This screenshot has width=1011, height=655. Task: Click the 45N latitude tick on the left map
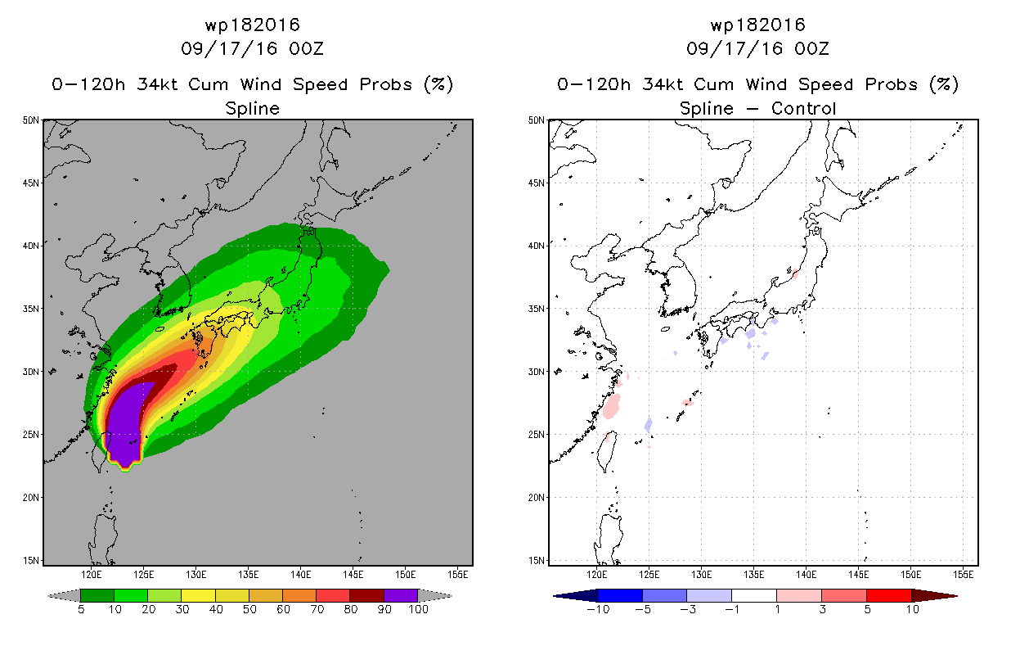[x=32, y=183]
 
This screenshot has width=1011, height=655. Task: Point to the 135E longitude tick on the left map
[x=248, y=574]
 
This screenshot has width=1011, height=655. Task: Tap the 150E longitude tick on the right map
[x=911, y=574]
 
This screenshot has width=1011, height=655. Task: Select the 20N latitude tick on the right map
[x=537, y=497]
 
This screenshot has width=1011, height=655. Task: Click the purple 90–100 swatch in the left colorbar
[x=401, y=595]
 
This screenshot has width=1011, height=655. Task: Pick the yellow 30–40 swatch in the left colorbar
[x=199, y=595]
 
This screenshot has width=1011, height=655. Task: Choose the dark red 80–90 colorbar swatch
[x=367, y=595]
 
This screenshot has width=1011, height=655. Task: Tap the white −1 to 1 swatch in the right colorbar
[x=754, y=595]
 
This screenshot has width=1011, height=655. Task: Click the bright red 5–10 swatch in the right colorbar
[x=889, y=595]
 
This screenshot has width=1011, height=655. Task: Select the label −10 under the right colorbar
[x=598, y=609]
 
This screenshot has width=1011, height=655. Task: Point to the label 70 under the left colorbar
[x=317, y=609]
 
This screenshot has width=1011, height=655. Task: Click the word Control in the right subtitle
[x=803, y=108]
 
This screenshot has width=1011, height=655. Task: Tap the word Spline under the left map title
[x=252, y=108]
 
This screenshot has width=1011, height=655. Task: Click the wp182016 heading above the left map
[x=252, y=25]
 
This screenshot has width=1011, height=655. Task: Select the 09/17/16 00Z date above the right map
[x=757, y=48]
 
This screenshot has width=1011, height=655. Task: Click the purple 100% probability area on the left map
[x=125, y=425]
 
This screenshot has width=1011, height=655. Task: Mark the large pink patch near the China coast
[x=611, y=406]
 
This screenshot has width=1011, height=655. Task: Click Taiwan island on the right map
[x=605, y=452]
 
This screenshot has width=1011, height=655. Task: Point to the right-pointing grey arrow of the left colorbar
[x=435, y=595]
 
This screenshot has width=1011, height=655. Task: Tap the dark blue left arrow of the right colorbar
[x=575, y=595]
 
